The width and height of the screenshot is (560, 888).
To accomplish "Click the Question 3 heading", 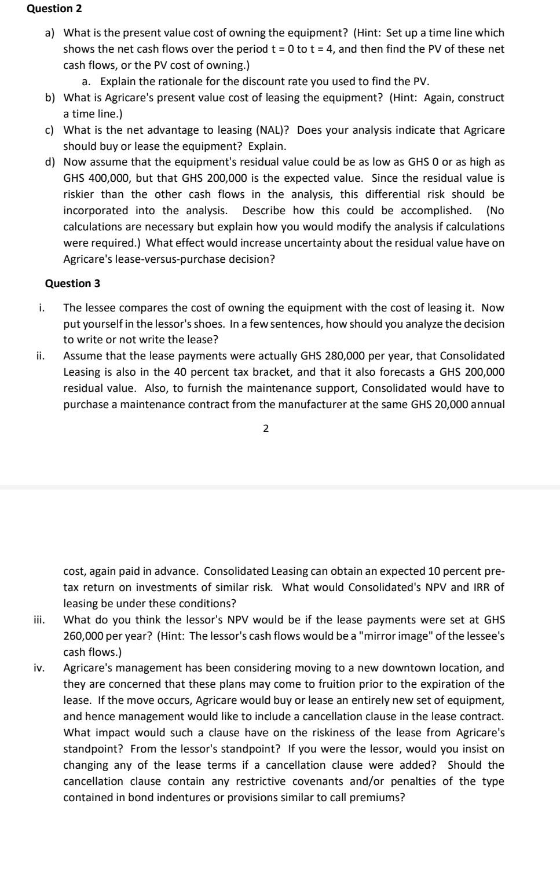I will click(x=72, y=283).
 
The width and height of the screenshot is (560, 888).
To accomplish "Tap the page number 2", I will click(x=265, y=428).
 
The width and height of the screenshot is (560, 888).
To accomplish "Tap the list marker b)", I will click(x=50, y=97).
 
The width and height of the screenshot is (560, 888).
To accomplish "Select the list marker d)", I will click(x=50, y=162).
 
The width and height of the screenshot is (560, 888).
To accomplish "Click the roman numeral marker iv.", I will click(x=39, y=668).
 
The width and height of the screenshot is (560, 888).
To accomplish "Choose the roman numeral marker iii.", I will click(x=39, y=619).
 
